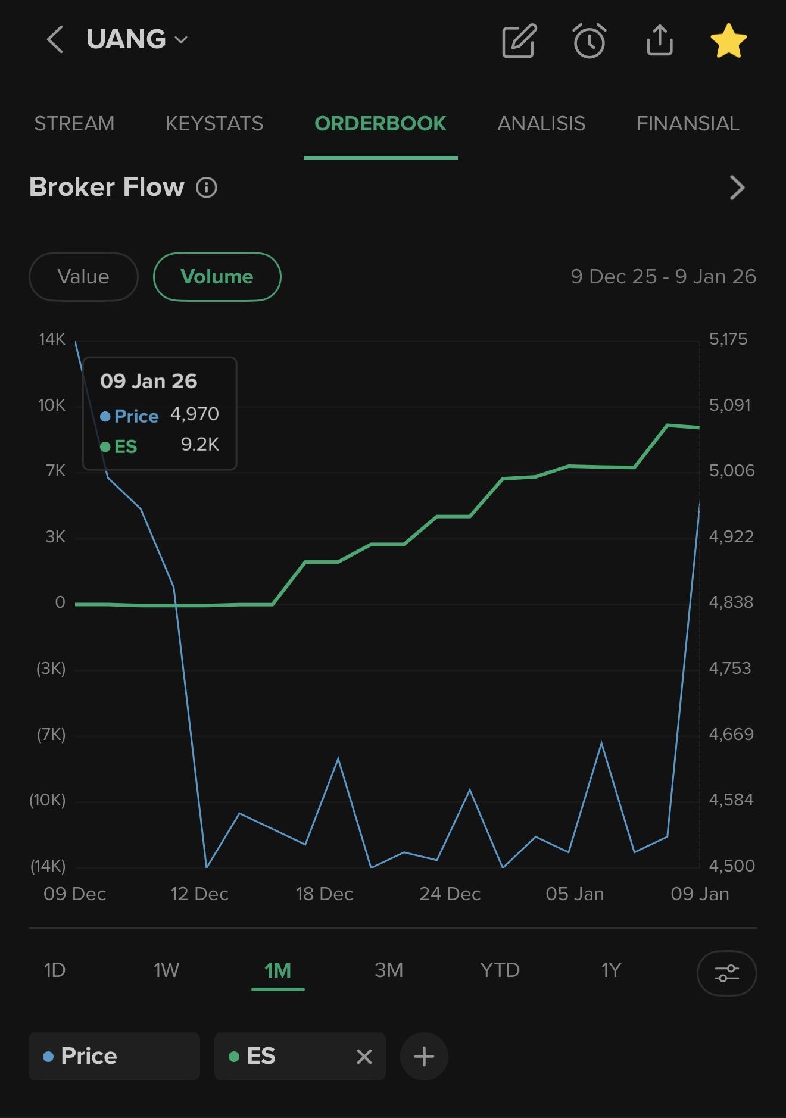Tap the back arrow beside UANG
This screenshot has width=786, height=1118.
(x=55, y=40)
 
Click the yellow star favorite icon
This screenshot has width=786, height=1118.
(x=728, y=41)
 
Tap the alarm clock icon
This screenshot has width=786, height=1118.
(x=589, y=41)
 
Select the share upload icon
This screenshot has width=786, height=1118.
(x=659, y=40)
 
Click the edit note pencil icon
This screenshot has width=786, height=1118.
(x=519, y=41)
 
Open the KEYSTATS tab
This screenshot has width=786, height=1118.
(x=214, y=124)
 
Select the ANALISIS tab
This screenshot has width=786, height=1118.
(x=541, y=124)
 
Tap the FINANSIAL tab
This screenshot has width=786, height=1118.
(x=688, y=124)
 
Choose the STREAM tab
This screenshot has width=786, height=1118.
(x=74, y=124)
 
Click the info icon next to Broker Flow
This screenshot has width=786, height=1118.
(x=207, y=188)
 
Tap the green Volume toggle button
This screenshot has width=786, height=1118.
(x=217, y=277)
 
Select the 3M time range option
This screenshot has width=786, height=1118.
(x=389, y=970)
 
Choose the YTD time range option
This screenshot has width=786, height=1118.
(x=500, y=970)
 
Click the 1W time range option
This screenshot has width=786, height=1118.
(x=166, y=970)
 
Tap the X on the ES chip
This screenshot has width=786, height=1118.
(x=364, y=1057)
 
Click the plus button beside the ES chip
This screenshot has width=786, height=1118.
(x=424, y=1057)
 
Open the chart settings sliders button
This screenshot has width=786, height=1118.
(x=726, y=973)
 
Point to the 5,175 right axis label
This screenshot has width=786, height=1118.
(x=728, y=339)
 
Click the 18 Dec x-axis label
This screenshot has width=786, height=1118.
(x=325, y=894)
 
